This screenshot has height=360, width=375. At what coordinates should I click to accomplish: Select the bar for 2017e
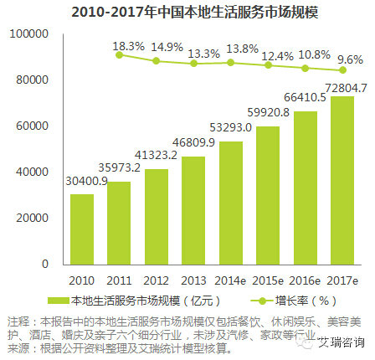(x=343, y=180)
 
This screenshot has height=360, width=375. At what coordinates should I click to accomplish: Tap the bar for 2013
(x=193, y=209)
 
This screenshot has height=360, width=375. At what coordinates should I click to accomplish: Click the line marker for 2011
(x=119, y=54)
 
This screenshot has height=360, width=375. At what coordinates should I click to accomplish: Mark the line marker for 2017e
(x=343, y=70)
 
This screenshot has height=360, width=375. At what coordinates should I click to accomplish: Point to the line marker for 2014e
(x=231, y=62)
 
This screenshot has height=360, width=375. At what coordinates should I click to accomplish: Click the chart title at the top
(x=188, y=12)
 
